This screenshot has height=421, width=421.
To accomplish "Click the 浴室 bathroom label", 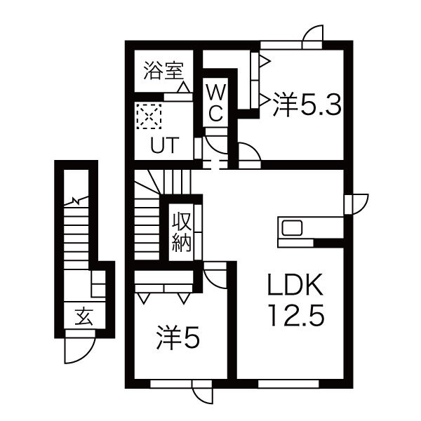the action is click(163, 71).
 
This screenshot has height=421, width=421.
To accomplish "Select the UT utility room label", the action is click(165, 145).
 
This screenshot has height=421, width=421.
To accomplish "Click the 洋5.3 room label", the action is click(307, 105).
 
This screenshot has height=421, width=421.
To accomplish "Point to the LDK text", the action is click(295, 285).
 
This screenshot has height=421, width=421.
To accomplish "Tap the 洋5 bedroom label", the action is click(178, 338).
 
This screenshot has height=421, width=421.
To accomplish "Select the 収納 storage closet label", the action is click(182, 232).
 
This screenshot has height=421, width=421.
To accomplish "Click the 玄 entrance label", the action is click(83, 316).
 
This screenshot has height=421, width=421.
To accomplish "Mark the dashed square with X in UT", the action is click(149, 116).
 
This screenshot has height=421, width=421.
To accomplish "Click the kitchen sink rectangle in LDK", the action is click(292, 228).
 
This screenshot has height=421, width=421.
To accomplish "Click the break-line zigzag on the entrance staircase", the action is click(76, 201).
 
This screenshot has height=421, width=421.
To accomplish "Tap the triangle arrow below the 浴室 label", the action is click(184, 87).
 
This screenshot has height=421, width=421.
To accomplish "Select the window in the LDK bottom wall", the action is click(288, 384).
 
